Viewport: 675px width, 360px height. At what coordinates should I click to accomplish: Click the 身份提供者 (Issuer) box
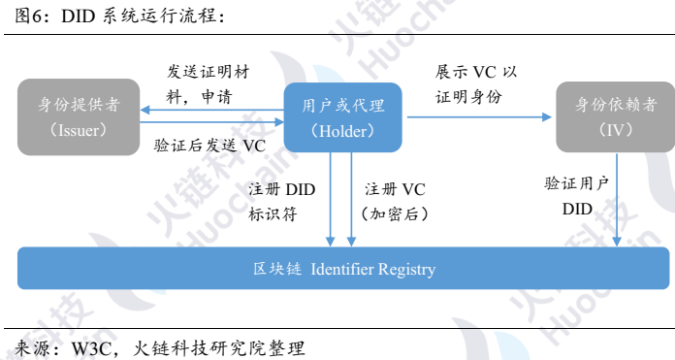(78, 116)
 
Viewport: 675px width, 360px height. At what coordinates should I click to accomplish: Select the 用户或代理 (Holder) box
(342, 117)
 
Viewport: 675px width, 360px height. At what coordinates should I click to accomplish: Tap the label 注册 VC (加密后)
(394, 199)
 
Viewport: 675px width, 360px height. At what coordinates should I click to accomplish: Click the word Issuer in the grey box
(78, 129)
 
